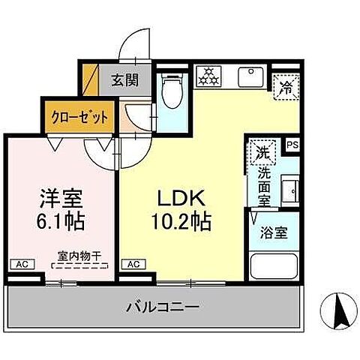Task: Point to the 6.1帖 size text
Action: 61,221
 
